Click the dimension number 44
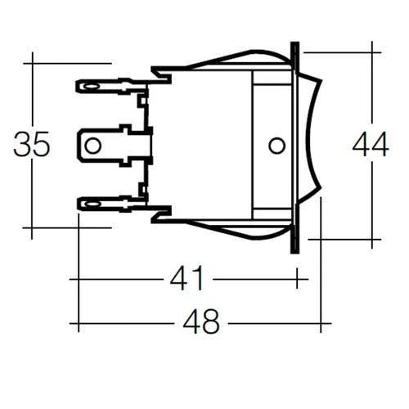tap(371, 145)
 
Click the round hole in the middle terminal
tap(93, 146)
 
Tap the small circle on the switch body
tap(276, 146)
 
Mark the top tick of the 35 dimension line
tap(32, 63)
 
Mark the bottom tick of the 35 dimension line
tap(32, 228)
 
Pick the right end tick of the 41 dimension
tap(297, 280)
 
